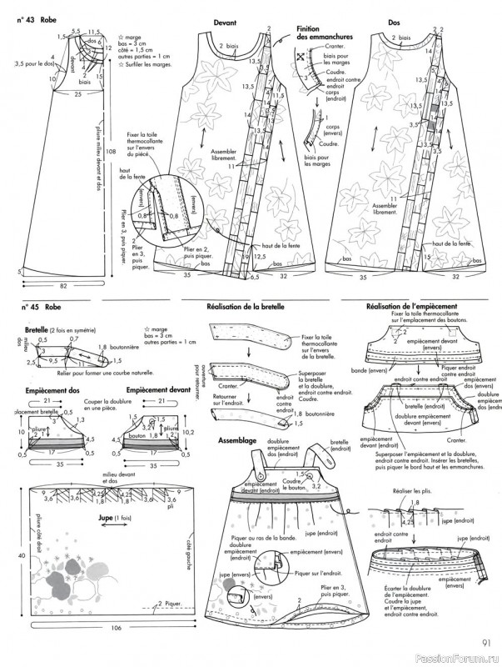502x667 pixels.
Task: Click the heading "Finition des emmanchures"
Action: pos(325,33)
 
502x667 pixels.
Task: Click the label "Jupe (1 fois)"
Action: pos(124,518)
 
